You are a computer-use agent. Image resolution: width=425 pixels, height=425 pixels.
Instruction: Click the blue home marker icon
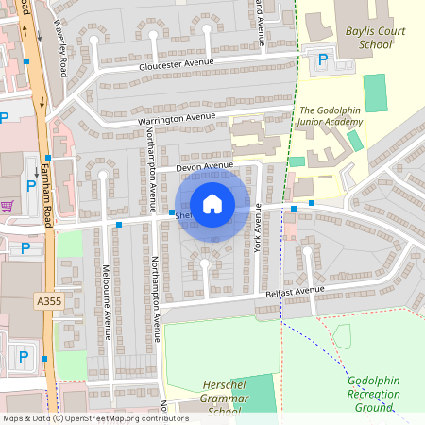click(212, 204)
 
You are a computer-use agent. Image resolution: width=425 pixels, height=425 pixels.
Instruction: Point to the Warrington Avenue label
click(177, 118)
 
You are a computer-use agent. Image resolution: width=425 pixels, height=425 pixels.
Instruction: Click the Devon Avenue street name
click(203, 167)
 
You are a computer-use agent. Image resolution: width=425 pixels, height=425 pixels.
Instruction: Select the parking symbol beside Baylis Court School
click(323, 59)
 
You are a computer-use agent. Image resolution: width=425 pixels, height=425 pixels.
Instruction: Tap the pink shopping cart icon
click(8, 205)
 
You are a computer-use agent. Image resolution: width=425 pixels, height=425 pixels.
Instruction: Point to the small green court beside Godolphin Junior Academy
click(354, 141)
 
